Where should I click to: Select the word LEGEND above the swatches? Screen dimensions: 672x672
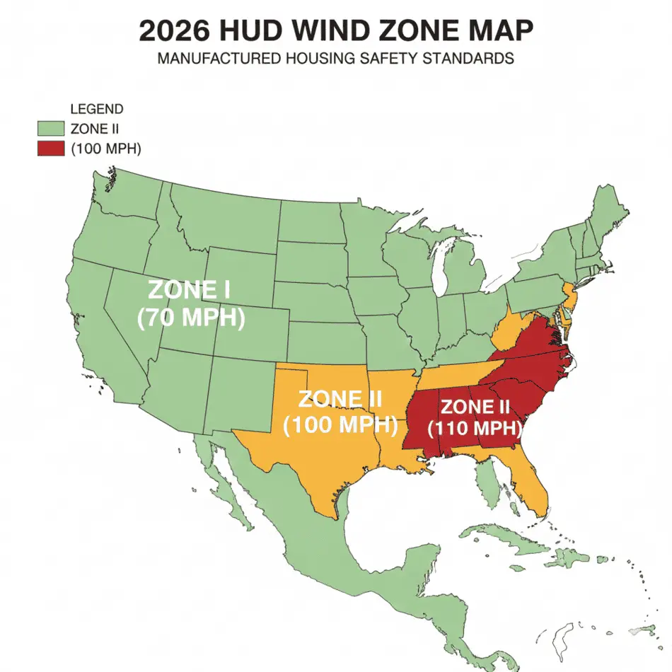[97, 110]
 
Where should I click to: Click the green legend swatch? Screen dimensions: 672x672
[51, 129]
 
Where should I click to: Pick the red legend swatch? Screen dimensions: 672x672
[51, 149]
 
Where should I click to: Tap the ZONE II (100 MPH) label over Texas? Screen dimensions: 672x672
[340, 412]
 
